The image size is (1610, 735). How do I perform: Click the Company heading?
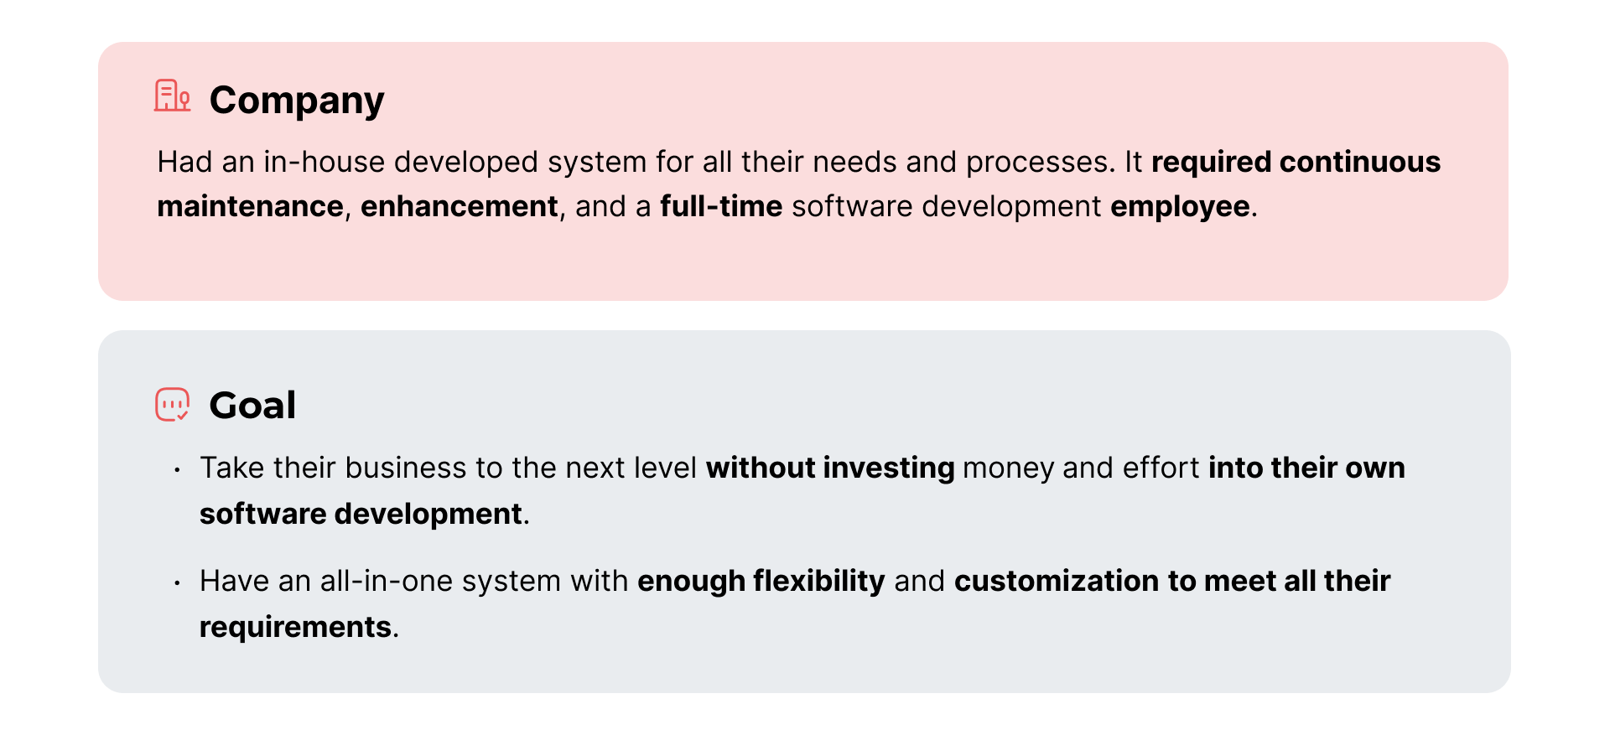[x=297, y=101]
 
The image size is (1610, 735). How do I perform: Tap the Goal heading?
[x=252, y=406]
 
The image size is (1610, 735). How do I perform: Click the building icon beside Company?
[x=173, y=96]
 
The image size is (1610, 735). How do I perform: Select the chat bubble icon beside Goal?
[x=173, y=405]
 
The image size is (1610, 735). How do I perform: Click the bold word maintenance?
[x=250, y=206]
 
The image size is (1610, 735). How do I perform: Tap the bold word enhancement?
[x=460, y=206]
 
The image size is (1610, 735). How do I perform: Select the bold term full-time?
[x=721, y=206]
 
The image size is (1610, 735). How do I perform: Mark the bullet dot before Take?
[x=177, y=469]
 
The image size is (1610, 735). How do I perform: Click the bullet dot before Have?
[x=177, y=582]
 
